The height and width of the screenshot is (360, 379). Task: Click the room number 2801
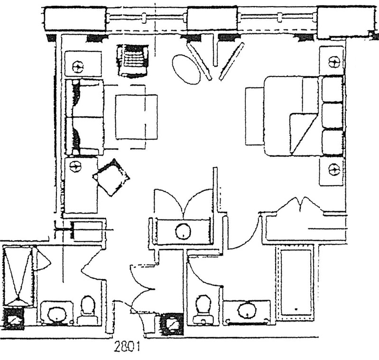(x=127, y=347)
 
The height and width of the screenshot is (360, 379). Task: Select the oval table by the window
(x=186, y=69)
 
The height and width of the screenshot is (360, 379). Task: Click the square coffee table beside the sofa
(x=136, y=117)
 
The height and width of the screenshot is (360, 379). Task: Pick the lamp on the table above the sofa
(x=79, y=66)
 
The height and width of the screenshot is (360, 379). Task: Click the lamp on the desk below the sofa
(x=74, y=166)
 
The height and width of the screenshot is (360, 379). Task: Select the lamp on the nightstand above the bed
(x=334, y=62)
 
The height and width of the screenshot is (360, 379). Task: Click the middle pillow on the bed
(x=332, y=115)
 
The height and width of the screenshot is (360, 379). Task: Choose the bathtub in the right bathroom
(x=296, y=281)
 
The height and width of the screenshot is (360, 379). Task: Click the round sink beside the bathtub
(x=247, y=311)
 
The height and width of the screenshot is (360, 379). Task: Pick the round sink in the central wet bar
(x=182, y=232)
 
